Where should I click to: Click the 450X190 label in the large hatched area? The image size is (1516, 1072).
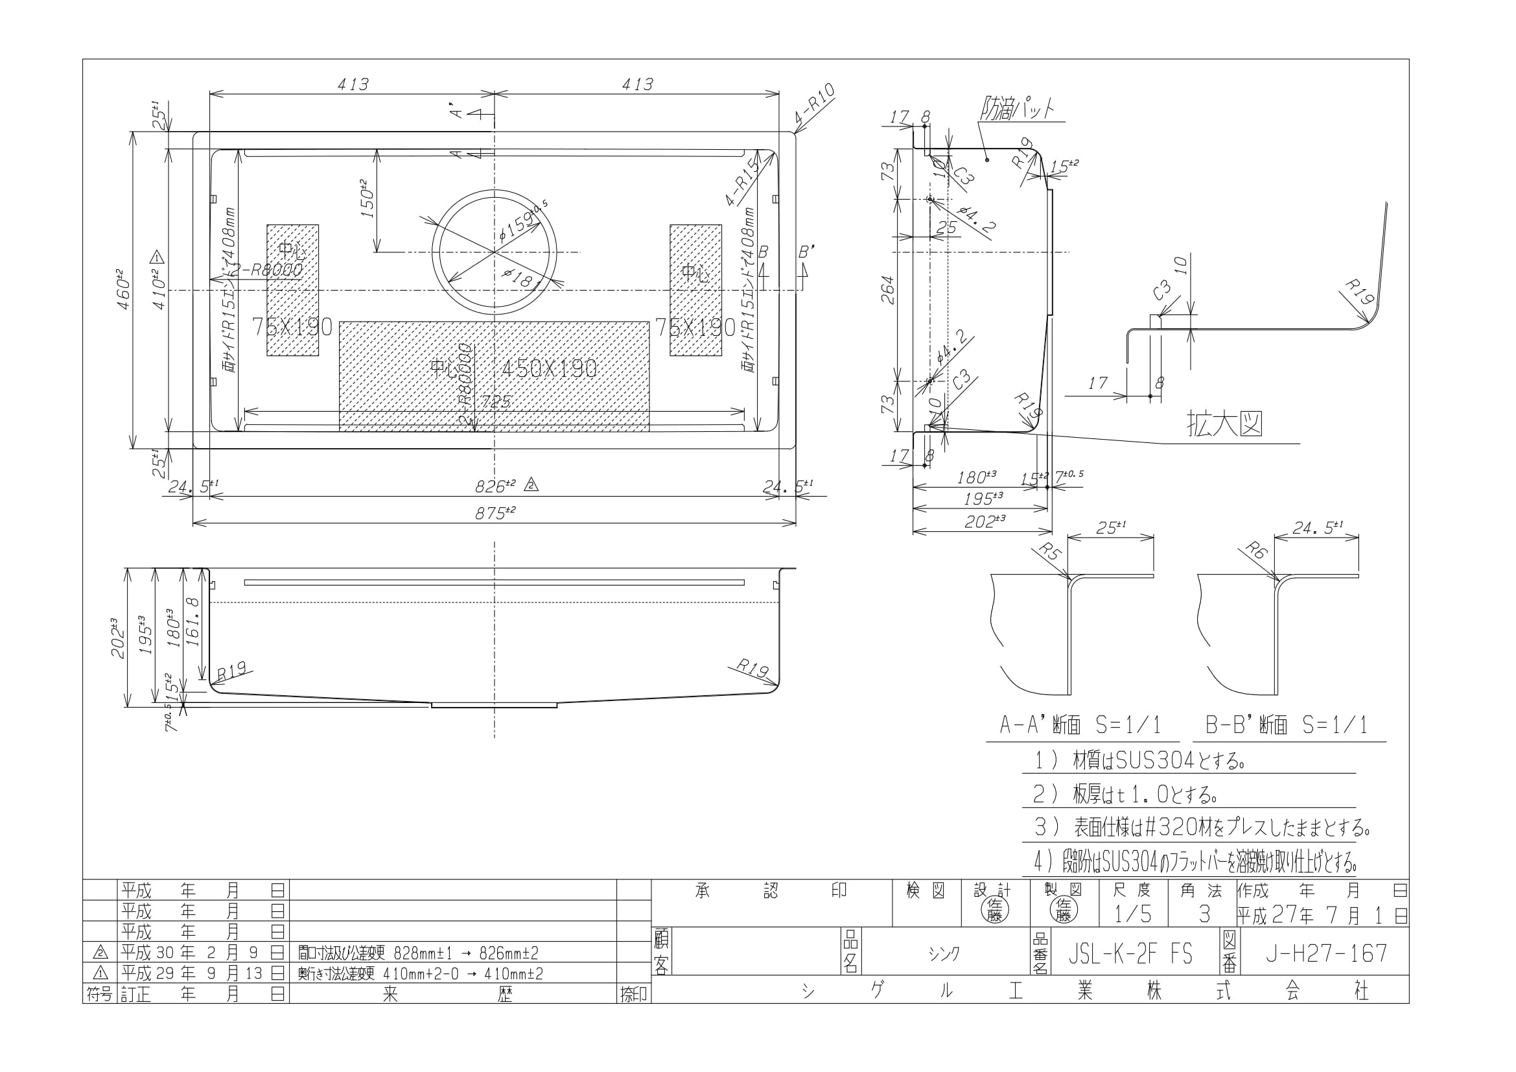tap(549, 368)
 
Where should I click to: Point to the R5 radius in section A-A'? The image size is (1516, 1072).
tap(1049, 550)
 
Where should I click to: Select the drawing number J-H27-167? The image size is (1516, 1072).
tap(1326, 953)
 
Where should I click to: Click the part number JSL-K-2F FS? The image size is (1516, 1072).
tap(1130, 953)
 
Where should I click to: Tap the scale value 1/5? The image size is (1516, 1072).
tap(1132, 914)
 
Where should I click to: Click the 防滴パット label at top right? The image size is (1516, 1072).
tap(1018, 108)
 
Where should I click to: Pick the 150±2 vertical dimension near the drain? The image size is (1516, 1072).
tap(367, 199)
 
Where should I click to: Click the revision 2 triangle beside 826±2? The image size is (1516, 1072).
tap(532, 486)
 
